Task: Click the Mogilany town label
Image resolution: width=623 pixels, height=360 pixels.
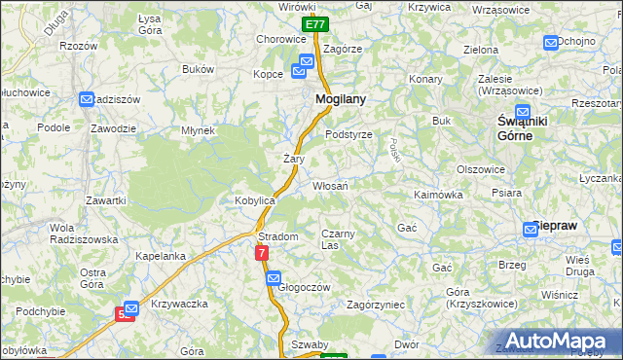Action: point(340,99)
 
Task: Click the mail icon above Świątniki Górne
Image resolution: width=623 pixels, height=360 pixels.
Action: point(523,111)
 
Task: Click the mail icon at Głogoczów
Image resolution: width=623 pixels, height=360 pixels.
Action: point(275,278)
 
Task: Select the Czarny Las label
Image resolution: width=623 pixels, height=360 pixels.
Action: point(343,238)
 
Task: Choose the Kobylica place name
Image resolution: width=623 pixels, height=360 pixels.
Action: point(255,199)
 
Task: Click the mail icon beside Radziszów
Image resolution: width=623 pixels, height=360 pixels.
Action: point(88,99)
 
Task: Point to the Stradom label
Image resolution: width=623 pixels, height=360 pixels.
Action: point(277,236)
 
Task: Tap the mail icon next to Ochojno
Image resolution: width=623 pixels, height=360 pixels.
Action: point(551,42)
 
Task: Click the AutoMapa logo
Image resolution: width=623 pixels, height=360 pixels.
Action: point(555,341)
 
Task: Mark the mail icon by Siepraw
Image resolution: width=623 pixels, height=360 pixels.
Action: point(534,227)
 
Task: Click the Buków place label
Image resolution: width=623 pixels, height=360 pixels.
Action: point(198,69)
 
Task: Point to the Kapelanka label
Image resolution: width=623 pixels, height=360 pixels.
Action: point(161,256)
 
